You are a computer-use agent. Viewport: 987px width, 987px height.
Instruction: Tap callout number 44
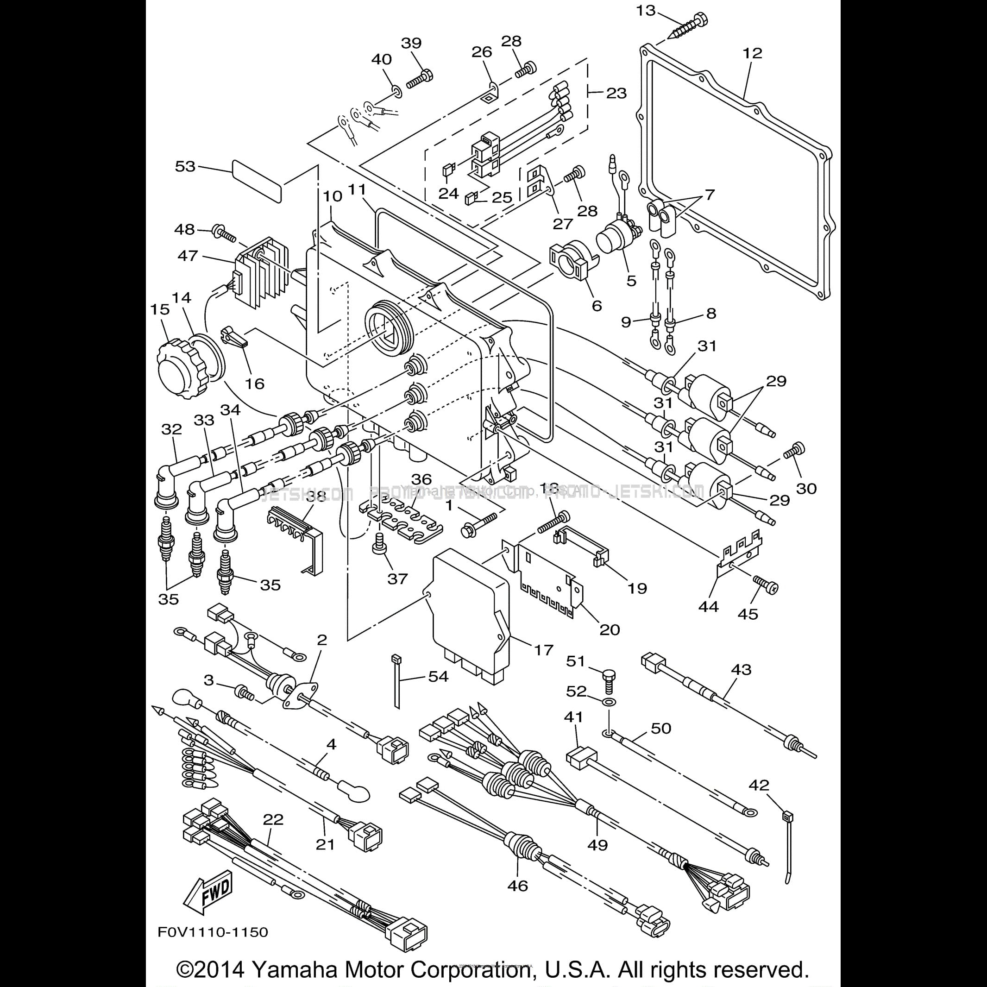(x=708, y=606)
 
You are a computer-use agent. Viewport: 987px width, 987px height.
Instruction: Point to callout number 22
(x=273, y=820)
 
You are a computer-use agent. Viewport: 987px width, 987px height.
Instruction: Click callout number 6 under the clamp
(x=597, y=306)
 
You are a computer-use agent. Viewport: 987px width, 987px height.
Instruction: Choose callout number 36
(x=421, y=479)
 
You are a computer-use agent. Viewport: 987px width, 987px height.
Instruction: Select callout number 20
(x=610, y=629)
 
